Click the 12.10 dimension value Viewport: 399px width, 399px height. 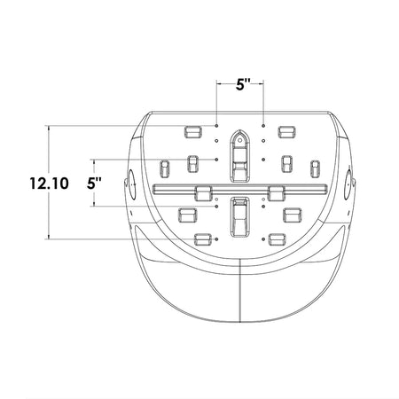pos(49,184)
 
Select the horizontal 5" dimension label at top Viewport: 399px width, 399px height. pos(243,85)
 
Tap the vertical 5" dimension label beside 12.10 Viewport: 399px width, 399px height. pos(94,184)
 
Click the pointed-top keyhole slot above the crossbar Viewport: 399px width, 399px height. pos(239,155)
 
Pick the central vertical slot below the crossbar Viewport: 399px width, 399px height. pos(239,217)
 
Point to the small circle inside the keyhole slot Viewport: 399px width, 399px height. pos(239,141)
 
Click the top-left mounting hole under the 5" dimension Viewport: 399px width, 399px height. pos(217,126)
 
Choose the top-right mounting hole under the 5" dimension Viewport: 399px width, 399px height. pos(263,126)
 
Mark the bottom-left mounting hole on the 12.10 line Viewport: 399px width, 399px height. pos(217,239)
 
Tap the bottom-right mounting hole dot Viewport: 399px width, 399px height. pos(263,239)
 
